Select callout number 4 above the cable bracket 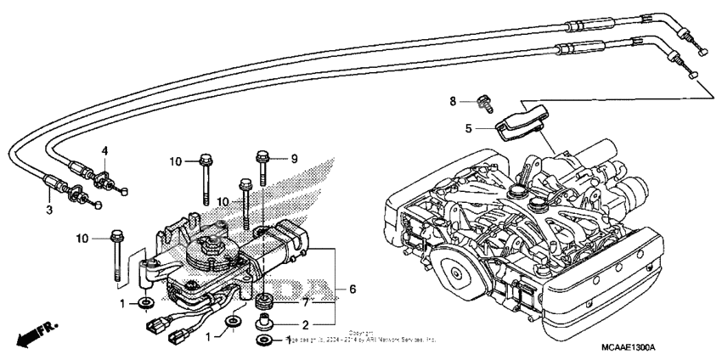pyautogui.click(x=105, y=151)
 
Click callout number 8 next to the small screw pyautogui.click(x=454, y=101)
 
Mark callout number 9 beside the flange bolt pyautogui.click(x=295, y=158)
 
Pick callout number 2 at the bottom pyautogui.click(x=304, y=324)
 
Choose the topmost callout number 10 pyautogui.click(x=175, y=160)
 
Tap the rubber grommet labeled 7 pyautogui.click(x=264, y=301)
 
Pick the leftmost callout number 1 pyautogui.click(x=122, y=303)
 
